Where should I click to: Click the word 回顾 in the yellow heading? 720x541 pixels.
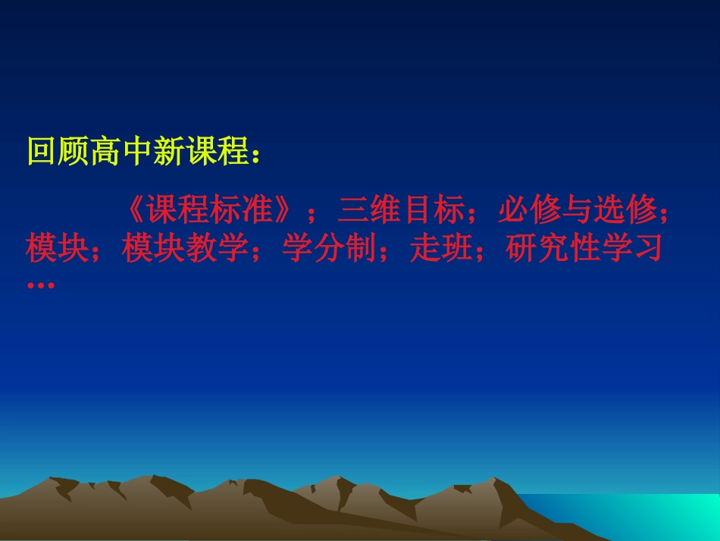tap(58, 152)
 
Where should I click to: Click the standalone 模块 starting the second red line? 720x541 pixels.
tap(58, 248)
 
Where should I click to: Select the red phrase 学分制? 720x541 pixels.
tap(330, 248)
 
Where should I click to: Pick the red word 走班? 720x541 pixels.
tap(443, 248)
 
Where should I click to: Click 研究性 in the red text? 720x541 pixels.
tap(553, 248)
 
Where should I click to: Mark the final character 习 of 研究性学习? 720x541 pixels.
tap(648, 248)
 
